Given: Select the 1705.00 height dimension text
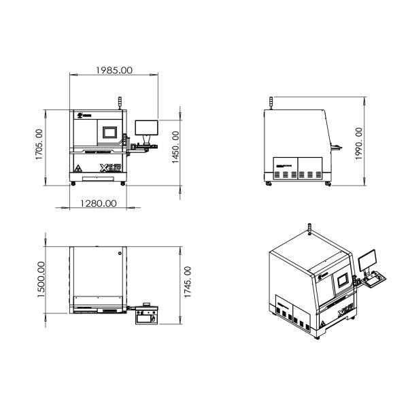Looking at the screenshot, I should pos(39,143).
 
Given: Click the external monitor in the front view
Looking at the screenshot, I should pos(146,127).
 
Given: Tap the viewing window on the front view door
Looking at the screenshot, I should pos(109,132).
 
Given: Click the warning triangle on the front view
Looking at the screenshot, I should pos(79,167).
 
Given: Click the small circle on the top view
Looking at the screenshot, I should pos(120,254).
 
